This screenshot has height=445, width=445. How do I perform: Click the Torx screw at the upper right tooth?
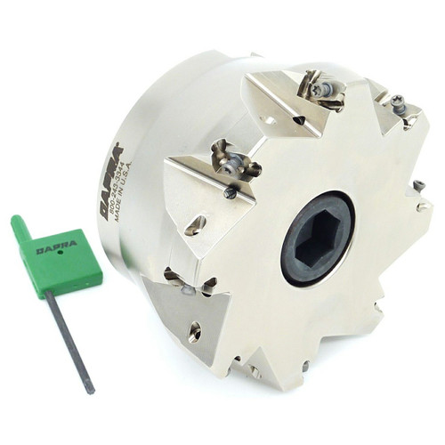tap(398, 105)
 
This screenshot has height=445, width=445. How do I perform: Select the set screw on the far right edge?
tap(418, 186)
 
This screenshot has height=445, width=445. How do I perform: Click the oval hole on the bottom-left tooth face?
tap(194, 331)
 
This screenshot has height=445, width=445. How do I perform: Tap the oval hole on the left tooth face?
tap(195, 224)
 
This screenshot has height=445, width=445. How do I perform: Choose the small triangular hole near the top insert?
tap(298, 119)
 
